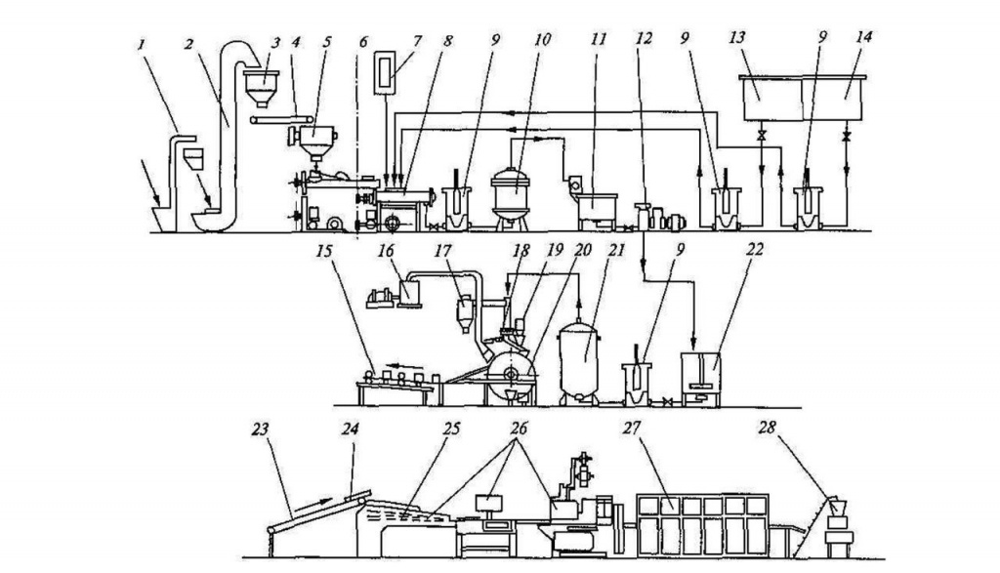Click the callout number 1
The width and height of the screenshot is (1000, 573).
tap(142, 44)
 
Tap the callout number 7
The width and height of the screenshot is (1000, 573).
tap(418, 41)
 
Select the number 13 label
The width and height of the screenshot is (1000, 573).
tap(736, 38)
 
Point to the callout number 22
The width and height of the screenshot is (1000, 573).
tap(755, 249)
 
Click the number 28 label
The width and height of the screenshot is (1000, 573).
tap(767, 427)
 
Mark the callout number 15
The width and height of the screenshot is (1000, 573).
tap(324, 250)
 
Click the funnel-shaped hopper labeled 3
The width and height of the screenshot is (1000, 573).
tap(262, 89)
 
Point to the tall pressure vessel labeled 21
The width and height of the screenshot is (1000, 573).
tap(579, 363)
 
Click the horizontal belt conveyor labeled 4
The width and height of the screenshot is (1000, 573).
tap(281, 120)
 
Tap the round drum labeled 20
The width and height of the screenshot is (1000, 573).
tap(511, 373)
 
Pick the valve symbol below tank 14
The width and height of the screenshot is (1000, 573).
tap(847, 137)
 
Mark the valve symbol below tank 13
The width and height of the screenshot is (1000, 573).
tap(761, 137)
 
